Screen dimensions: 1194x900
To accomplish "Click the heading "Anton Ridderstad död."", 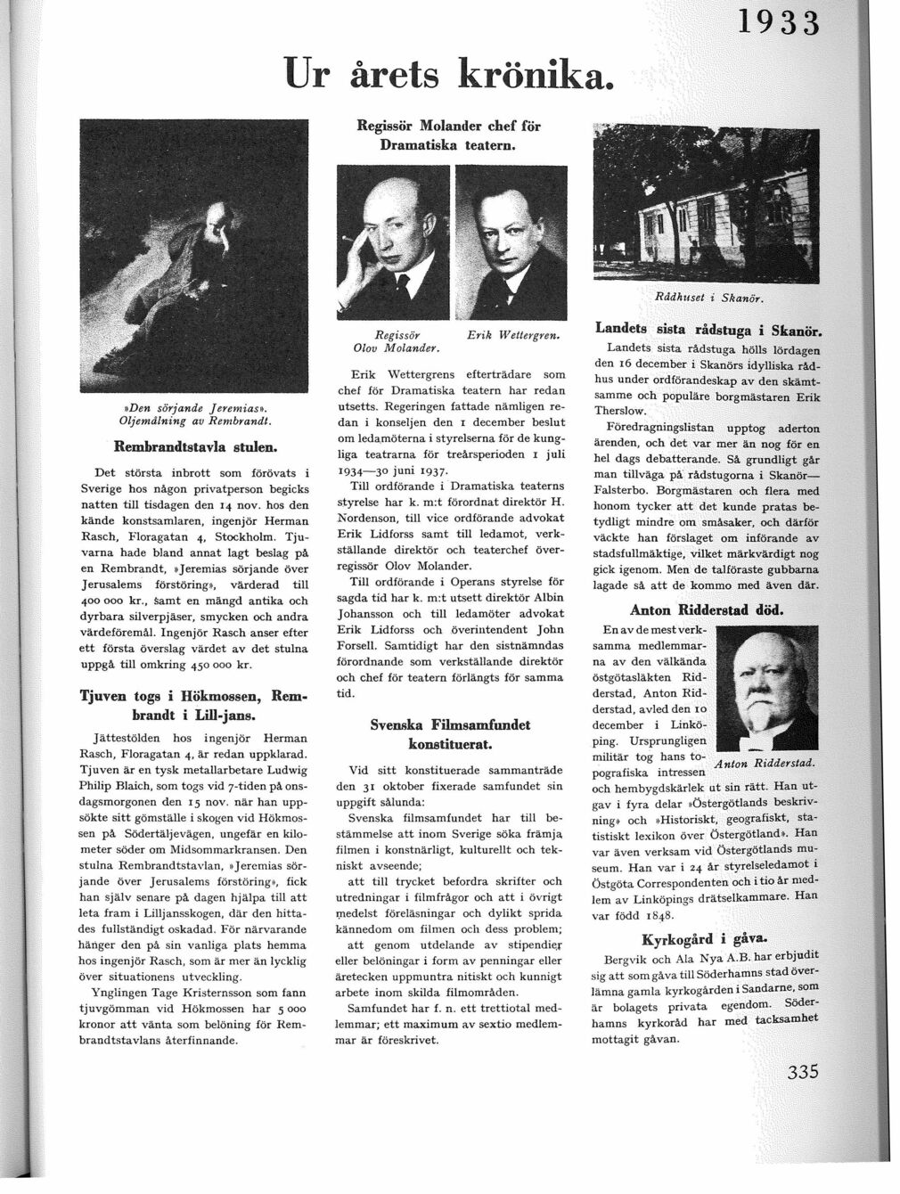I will pyautogui.click(x=707, y=610).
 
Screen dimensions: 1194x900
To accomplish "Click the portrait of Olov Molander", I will pyautogui.click(x=394, y=241).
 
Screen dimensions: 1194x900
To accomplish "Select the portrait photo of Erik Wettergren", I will pyautogui.click(x=511, y=241).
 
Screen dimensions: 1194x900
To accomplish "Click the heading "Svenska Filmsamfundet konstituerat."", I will pyautogui.click(x=450, y=733).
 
